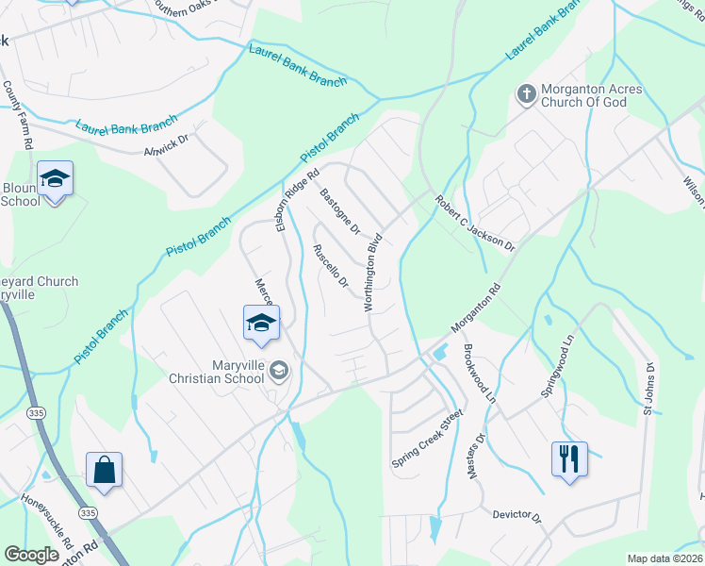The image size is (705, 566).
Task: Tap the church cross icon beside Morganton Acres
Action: [x=525, y=93]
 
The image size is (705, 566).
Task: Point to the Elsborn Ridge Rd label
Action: [x=297, y=199]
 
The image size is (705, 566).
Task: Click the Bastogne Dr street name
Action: [x=340, y=212]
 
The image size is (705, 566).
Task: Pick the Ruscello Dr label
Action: [x=331, y=267]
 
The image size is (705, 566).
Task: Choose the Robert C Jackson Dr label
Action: [x=474, y=224]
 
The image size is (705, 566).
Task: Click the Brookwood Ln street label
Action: [x=479, y=375]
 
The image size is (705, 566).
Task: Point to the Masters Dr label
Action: [x=475, y=456]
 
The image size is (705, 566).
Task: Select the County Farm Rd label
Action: [x=18, y=115]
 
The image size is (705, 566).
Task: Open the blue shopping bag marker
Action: [x=104, y=470]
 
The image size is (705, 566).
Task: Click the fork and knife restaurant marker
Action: [x=569, y=459]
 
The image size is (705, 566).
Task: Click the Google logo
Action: [x=32, y=555]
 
